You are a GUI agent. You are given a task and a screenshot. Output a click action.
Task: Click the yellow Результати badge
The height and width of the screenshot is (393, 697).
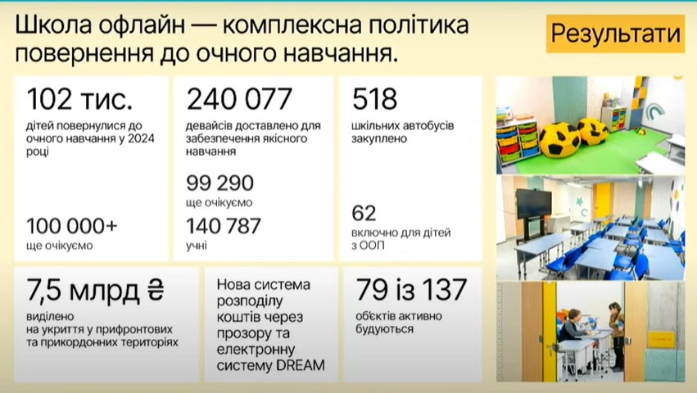(x=615, y=35)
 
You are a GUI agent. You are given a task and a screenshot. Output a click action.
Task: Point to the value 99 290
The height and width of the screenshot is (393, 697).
(x=220, y=183)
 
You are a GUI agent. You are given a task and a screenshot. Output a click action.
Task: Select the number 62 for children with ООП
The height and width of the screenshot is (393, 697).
(x=364, y=215)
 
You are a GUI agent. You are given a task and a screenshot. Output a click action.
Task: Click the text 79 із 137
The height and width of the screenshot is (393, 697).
(x=410, y=289)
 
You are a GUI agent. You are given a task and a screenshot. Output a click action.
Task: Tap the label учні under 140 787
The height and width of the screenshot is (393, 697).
(x=197, y=244)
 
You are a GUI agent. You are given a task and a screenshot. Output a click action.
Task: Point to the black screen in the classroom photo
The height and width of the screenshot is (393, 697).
(x=533, y=201)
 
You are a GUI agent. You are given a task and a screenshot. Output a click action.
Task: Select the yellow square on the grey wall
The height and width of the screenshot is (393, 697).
(x=659, y=337)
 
